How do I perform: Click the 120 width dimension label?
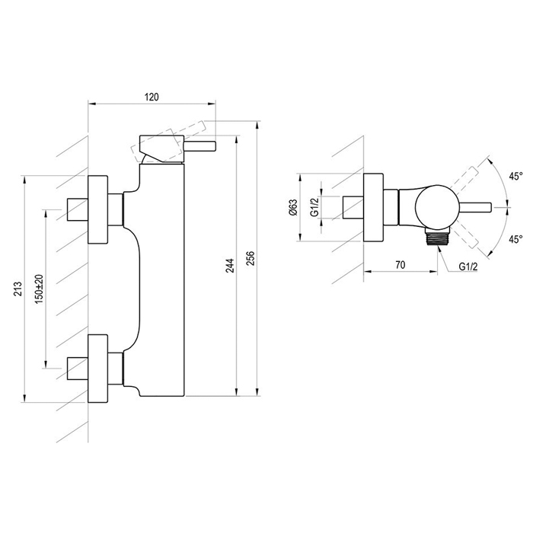point(152,97)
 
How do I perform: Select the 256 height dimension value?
point(250,258)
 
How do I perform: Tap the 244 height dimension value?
point(231,266)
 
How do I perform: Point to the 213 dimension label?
point(18,289)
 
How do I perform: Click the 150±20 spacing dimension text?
point(39,289)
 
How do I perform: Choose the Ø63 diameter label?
point(293,207)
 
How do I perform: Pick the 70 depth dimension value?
point(401,265)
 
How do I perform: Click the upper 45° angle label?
point(515,177)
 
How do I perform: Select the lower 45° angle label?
point(515,239)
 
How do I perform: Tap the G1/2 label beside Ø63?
point(314,207)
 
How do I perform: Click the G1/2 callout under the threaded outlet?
point(468,266)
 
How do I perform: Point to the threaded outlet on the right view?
point(437,236)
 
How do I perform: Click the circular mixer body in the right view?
point(437,207)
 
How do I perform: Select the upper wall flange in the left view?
point(98,209)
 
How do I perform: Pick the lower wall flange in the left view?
point(98,369)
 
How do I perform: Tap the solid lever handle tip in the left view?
point(199,145)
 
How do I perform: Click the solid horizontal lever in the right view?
point(475,207)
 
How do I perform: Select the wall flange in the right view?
point(374,207)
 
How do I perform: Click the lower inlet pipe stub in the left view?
point(78,368)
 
